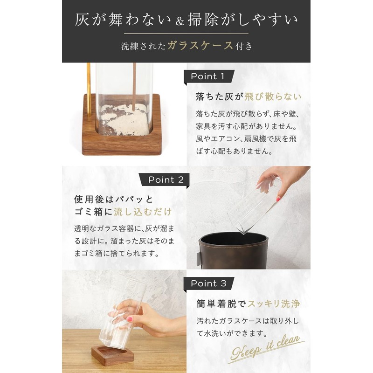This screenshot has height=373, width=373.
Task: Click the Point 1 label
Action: click(x=207, y=76)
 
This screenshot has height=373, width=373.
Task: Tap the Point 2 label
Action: click(x=166, y=180)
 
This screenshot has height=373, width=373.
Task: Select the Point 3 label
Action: click(x=208, y=283)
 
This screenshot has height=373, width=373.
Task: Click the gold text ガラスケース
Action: click(x=200, y=45)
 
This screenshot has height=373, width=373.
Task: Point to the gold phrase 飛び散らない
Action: click(x=273, y=97)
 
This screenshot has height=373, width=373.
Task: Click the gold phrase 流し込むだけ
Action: click(x=143, y=212)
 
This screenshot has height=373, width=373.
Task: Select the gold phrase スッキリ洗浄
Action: click(x=274, y=304)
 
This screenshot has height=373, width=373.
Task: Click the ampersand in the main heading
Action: click(x=180, y=21)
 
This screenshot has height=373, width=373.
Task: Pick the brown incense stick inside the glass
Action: click(x=134, y=86)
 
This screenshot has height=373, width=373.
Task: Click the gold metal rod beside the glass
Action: click(x=89, y=90)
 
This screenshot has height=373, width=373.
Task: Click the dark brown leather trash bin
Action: click(x=234, y=251)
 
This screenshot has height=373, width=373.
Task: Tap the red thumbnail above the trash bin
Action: click(x=278, y=199)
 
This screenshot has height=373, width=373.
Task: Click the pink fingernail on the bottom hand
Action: click(x=130, y=319)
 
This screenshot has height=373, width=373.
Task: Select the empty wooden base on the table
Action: click(x=112, y=355)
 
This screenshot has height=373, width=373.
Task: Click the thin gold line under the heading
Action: click(x=186, y=34)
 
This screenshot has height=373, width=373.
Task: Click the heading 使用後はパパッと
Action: click(x=113, y=200)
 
